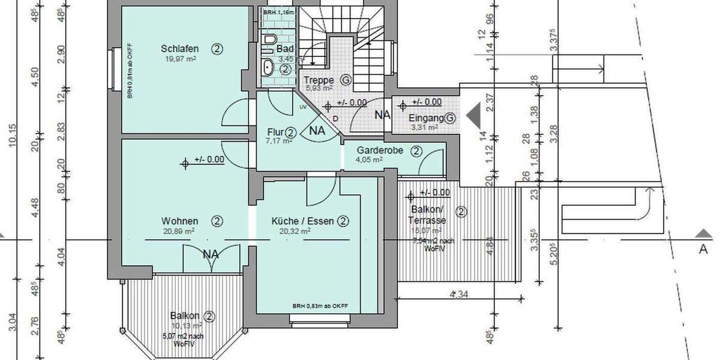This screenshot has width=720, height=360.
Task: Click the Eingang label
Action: (426, 118)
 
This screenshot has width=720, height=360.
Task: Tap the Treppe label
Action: (319, 80)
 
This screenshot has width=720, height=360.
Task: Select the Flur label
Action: (275, 132)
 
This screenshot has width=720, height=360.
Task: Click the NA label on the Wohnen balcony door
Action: (211, 254)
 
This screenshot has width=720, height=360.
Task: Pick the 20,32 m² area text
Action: (294, 231)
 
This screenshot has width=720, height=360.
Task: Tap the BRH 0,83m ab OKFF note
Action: (320, 306)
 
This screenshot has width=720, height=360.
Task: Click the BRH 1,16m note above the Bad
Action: (278, 11)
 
